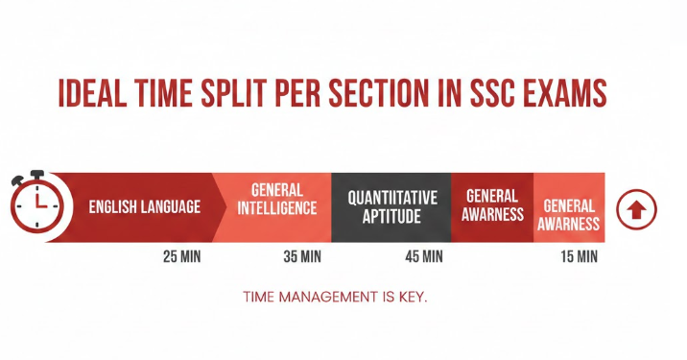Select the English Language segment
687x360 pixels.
tap(144, 206)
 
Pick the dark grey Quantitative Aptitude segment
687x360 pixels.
tap(391, 206)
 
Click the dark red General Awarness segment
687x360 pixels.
tap(491, 206)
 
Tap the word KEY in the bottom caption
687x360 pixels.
tap(412, 297)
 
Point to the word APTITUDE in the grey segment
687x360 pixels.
tap(391, 217)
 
